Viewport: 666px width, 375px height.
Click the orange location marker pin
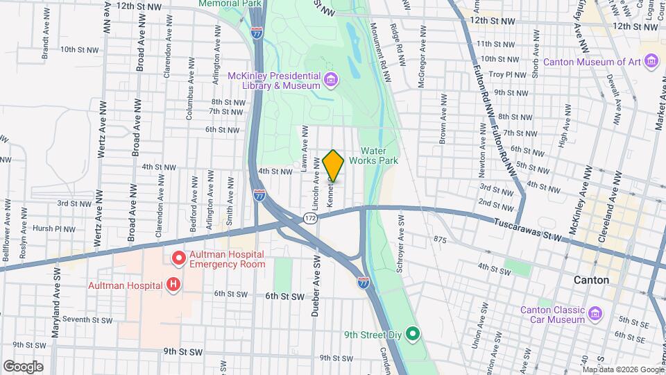(x=333, y=165)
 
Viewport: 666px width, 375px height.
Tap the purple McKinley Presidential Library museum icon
(x=330, y=81)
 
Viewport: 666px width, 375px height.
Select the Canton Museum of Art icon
(x=651, y=62)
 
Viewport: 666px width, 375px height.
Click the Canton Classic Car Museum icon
(x=595, y=314)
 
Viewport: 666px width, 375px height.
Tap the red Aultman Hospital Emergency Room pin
(x=178, y=258)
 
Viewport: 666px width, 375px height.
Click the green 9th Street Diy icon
(x=413, y=335)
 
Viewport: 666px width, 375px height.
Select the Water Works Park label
(x=377, y=156)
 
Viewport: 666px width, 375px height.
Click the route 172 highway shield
(x=309, y=219)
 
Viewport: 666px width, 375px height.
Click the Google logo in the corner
(x=22, y=366)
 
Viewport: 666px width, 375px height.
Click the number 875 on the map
(x=439, y=240)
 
